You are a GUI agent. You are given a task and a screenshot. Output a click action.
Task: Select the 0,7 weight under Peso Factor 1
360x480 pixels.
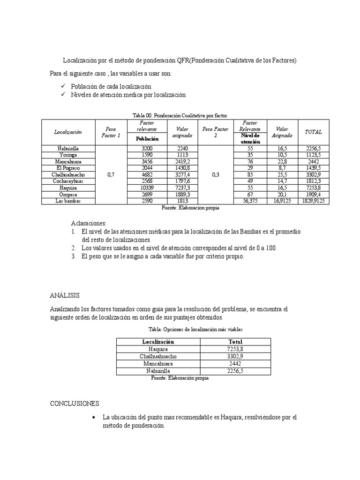pos(111,174)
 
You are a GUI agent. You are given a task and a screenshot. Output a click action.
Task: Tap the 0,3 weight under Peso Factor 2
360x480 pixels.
pos(215,174)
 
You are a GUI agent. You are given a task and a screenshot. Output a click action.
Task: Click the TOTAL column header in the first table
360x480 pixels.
pos(314,132)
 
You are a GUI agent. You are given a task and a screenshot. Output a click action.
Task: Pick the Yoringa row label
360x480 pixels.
pos(68,154)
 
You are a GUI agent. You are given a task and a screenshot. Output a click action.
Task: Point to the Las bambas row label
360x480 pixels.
pos(68,201)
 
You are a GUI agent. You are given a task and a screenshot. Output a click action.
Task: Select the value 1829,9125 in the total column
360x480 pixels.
pos(314,201)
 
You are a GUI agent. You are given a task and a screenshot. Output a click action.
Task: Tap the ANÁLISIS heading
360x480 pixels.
pos(65,295)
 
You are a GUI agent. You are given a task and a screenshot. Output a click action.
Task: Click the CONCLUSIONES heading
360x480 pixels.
pos(75,403)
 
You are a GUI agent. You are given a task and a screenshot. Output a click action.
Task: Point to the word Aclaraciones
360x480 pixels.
pos(89,223)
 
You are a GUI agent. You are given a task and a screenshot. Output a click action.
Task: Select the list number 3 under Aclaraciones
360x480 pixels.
pos(74,257)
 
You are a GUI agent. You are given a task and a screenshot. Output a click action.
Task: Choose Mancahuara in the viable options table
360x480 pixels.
pos(158,363)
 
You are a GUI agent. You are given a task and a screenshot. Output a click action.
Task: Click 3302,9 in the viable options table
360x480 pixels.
pos(235,356)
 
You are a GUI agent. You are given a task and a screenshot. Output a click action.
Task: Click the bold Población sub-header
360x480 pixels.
pos(147,139)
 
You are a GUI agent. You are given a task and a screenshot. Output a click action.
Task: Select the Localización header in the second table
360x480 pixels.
pos(158,342)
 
